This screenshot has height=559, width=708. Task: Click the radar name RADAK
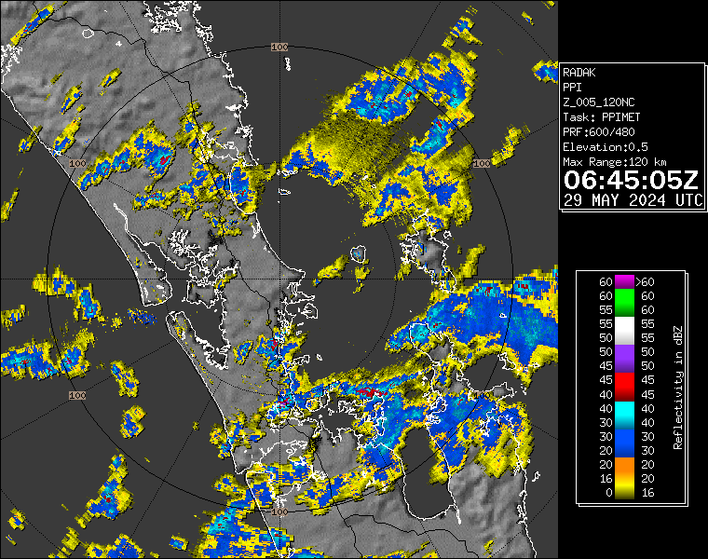pyautogui.click(x=579, y=71)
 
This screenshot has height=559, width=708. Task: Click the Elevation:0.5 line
pyautogui.click(x=606, y=147)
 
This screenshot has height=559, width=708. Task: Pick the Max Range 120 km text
pyautogui.click(x=615, y=162)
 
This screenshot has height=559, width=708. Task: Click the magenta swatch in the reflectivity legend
pyautogui.click(x=621, y=281)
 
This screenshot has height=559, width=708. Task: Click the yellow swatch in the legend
pyautogui.click(x=621, y=492)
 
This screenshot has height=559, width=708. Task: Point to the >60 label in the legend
pyautogui.click(x=645, y=281)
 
